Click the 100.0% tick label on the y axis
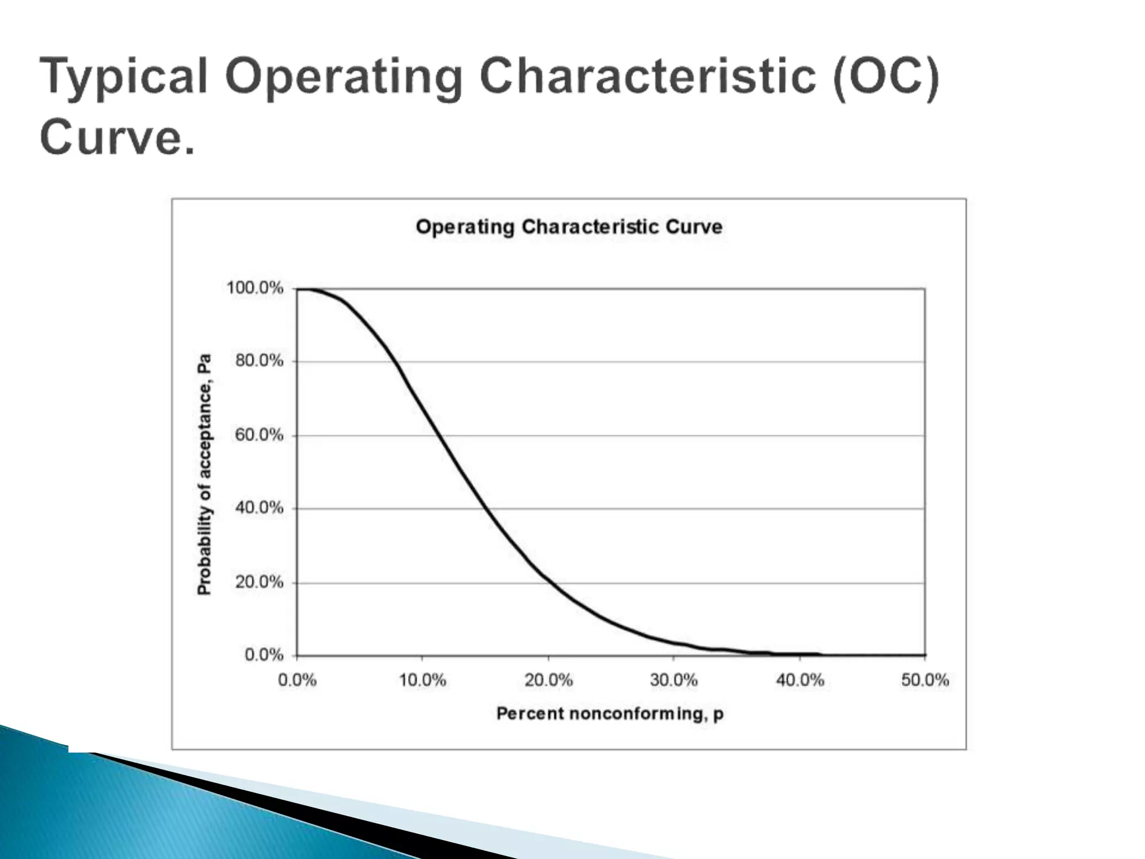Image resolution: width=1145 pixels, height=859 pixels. (254, 288)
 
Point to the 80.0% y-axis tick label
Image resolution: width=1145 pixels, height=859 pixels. (259, 361)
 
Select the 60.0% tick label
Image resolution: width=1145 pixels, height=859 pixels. (259, 435)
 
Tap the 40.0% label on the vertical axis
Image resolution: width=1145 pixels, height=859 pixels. (259, 508)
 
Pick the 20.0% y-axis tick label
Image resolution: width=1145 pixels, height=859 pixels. (259, 582)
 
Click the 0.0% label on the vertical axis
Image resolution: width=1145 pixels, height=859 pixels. (264, 655)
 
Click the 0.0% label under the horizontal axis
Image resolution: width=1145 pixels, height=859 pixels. (297, 680)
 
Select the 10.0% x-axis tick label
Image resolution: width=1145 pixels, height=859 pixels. (422, 680)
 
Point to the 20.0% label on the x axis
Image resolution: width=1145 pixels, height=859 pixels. (548, 680)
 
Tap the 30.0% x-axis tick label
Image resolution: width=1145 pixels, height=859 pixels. (674, 680)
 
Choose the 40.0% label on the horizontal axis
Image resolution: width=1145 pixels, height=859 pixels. (799, 680)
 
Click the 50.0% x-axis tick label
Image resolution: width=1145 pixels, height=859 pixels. (925, 680)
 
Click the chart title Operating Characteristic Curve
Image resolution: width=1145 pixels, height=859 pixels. (569, 227)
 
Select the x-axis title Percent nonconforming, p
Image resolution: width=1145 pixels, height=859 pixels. (609, 714)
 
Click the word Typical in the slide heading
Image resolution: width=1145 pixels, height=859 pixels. (124, 77)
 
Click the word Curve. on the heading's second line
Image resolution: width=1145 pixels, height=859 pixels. (117, 137)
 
